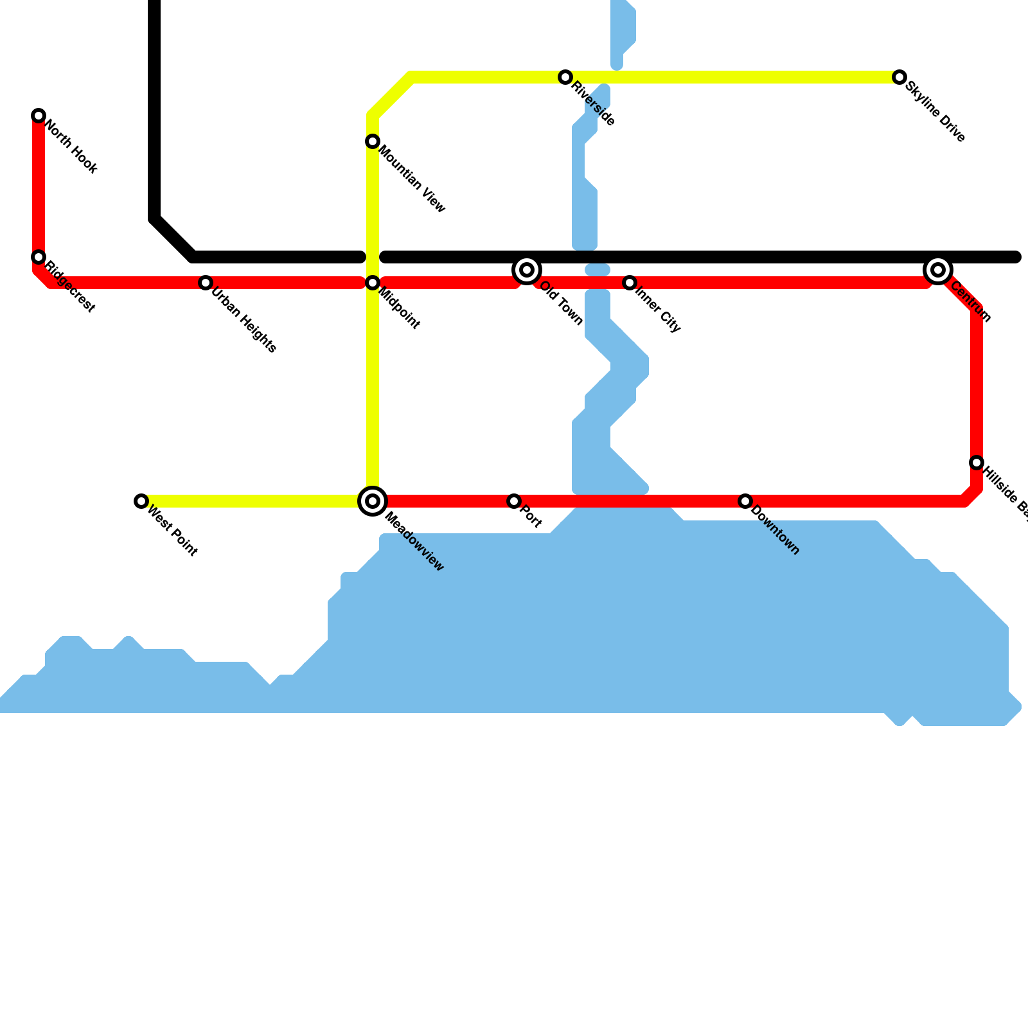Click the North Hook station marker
39,116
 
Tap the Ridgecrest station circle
39,257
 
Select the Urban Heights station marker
206,283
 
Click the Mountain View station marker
373,141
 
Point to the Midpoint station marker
373,283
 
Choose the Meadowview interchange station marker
373,501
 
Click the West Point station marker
141,501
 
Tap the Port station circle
514,501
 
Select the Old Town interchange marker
527,270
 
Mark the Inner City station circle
630,283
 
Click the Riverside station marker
565,77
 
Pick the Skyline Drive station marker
899,77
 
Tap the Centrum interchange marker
938,270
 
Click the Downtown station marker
745,501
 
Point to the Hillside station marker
977,463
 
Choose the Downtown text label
775,531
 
